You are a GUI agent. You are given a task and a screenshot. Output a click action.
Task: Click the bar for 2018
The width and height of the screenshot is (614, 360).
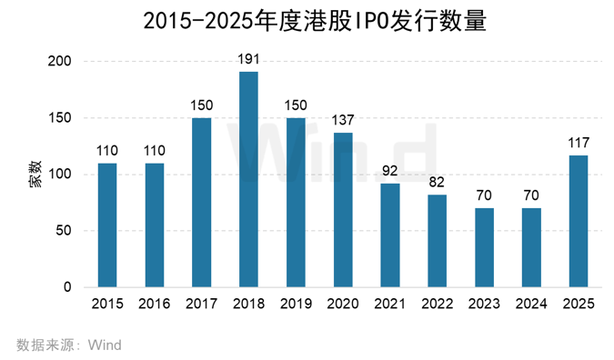pos(248,179)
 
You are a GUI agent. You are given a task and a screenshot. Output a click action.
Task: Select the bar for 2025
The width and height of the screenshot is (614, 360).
pos(579,221)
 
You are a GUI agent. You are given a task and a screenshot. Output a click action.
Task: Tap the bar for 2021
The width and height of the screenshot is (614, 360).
pos(390,235)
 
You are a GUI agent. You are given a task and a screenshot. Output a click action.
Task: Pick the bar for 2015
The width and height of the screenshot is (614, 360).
pos(107,225)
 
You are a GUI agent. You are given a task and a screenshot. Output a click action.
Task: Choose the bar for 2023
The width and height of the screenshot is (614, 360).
pos(485,247)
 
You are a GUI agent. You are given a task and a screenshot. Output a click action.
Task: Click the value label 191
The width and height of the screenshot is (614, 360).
pos(248,60)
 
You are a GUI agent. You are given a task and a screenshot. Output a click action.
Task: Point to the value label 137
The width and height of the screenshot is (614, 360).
pos(343,122)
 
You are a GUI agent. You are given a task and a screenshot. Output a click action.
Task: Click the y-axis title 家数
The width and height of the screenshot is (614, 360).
pos(34,174)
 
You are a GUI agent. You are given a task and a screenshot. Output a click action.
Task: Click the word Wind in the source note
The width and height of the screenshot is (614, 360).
pos(105,345)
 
